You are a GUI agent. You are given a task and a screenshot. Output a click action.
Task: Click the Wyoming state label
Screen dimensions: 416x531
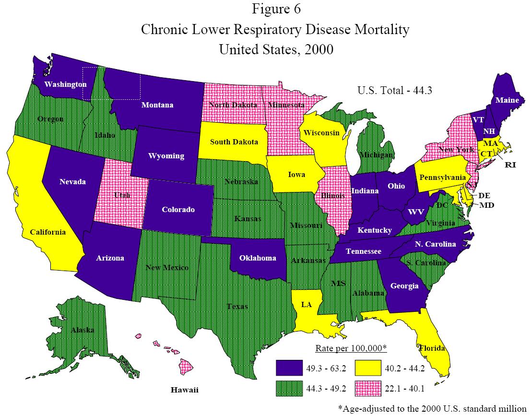166,156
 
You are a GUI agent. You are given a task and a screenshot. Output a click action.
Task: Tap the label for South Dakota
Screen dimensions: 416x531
234,142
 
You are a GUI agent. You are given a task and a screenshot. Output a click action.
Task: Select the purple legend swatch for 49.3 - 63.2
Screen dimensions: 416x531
289,368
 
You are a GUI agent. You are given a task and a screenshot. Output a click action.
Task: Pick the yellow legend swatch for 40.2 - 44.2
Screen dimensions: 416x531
368,368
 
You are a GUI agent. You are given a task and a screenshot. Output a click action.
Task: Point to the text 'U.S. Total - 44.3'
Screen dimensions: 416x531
395,90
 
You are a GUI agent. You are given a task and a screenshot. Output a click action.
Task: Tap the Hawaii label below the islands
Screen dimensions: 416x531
185,390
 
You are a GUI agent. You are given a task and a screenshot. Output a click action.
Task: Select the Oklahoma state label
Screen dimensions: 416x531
258,258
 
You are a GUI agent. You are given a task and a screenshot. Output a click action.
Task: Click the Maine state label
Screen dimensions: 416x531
507,100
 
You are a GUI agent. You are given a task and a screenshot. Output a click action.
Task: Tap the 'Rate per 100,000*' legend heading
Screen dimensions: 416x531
351,348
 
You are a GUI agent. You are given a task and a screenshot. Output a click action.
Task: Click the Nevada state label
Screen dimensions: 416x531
73,181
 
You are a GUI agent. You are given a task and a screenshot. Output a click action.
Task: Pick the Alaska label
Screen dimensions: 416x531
83,330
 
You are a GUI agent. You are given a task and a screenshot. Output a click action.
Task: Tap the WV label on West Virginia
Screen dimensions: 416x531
415,212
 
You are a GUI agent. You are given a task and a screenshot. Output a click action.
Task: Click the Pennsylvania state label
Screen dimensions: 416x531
443,178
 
